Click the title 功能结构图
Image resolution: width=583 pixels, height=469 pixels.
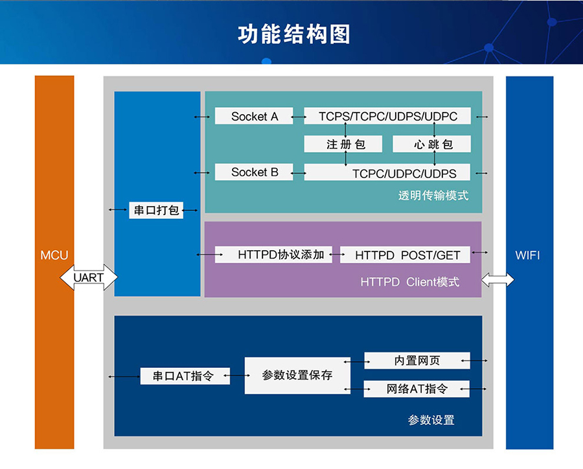(x=293, y=34)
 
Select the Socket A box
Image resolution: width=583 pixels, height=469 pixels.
(x=254, y=117)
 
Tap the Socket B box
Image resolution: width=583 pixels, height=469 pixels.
(x=254, y=172)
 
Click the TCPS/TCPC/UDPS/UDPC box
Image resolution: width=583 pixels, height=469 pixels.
(x=388, y=117)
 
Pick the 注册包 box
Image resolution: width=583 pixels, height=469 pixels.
(x=345, y=144)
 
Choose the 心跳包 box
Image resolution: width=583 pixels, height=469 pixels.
(x=432, y=144)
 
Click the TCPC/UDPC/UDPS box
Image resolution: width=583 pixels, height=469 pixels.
(x=388, y=173)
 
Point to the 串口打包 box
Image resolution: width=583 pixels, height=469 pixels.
(x=156, y=210)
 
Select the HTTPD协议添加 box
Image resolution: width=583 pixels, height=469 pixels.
(x=273, y=255)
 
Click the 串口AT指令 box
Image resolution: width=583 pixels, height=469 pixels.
(x=185, y=376)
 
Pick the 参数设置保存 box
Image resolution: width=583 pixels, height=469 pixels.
(x=297, y=375)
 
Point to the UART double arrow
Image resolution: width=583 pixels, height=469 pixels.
(x=89, y=278)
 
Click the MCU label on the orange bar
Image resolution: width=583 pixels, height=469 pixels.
(x=54, y=255)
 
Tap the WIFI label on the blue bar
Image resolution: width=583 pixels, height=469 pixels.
(x=527, y=255)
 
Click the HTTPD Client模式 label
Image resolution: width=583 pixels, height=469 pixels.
(x=409, y=282)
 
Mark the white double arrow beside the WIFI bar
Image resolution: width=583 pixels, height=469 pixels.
(x=497, y=280)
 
